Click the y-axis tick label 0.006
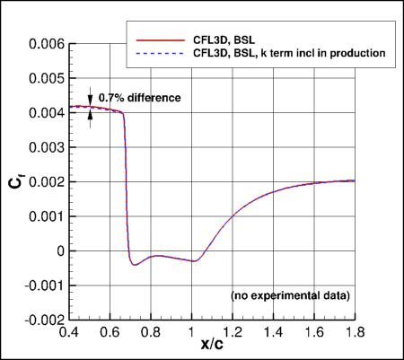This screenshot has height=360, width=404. click(x=46, y=43)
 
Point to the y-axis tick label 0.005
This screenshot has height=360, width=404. click(x=46, y=78)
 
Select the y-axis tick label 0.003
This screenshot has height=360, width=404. click(x=46, y=147)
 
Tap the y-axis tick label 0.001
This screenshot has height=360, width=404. click(x=46, y=216)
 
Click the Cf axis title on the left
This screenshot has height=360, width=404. click(x=15, y=180)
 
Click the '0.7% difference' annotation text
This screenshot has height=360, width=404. click(x=139, y=97)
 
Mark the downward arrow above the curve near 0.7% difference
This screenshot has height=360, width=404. click(x=90, y=100)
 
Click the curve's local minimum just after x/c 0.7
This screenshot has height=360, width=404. click(x=134, y=265)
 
